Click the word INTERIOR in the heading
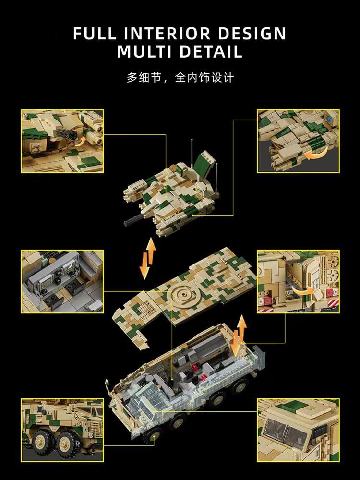[167, 34]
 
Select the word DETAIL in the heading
[211, 51]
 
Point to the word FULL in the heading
[95, 34]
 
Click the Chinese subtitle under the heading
[180, 77]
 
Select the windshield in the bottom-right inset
[286, 432]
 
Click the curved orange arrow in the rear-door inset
[304, 290]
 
